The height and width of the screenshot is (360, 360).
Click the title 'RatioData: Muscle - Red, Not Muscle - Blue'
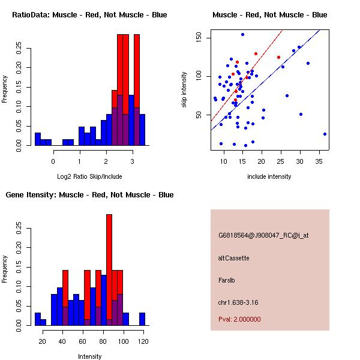[89, 14]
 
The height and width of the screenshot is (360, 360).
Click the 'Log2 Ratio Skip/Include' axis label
[89, 177]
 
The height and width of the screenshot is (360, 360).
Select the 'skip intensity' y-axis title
[185, 90]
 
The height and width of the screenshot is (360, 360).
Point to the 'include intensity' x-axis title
[269, 177]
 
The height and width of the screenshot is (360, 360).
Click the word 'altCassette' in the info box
[233, 258]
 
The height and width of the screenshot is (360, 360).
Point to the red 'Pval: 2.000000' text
[239, 319]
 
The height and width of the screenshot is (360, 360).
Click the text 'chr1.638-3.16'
[238, 301]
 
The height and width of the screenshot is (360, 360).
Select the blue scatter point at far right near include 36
[325, 134]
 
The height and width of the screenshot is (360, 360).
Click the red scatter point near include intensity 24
[278, 58]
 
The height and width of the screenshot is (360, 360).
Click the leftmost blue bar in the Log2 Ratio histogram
[38, 139]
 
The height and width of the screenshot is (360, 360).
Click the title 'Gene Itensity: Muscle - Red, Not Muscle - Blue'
[89, 195]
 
